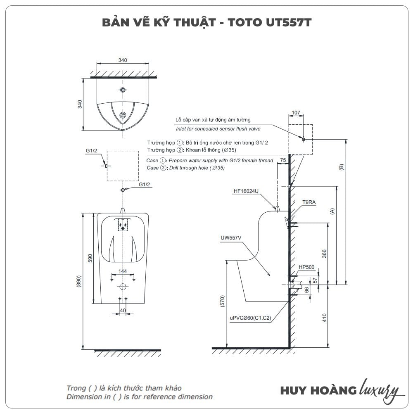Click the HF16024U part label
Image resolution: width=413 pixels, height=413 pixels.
tap(246, 191)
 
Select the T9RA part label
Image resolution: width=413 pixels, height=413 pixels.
tap(309, 202)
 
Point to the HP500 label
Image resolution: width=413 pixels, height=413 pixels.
tap(306, 267)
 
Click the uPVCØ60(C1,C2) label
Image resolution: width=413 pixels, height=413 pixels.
tap(250, 318)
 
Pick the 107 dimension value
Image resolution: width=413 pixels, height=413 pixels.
tap(296, 112)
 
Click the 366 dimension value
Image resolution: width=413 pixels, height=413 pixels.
tap(324, 254)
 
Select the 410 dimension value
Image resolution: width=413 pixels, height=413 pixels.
tap(324, 318)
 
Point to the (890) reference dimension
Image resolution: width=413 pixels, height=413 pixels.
tap(79, 282)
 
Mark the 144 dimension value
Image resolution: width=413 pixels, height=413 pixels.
tap(122, 272)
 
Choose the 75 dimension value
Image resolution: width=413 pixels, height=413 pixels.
tap(283, 160)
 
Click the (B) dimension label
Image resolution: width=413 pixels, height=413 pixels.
tap(341, 167)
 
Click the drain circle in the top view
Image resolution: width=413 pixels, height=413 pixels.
tap(123, 115)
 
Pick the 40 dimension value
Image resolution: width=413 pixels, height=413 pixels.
tap(123, 311)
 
